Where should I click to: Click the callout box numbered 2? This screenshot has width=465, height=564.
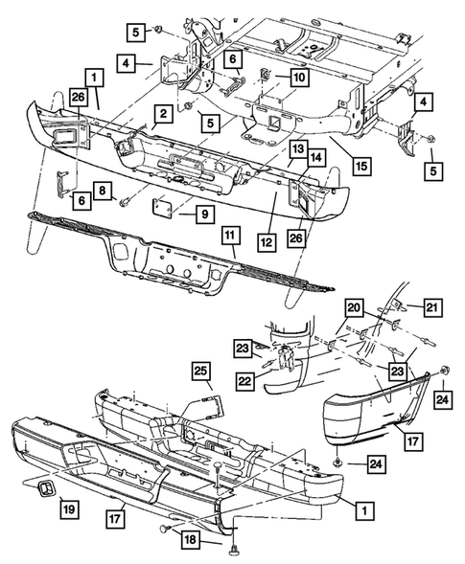tap(164, 114)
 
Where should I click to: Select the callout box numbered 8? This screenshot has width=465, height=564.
tap(103, 191)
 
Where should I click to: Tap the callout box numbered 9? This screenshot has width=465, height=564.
tap(205, 214)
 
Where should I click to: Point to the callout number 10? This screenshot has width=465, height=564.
tap(299, 77)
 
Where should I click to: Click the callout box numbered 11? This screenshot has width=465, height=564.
tap(230, 236)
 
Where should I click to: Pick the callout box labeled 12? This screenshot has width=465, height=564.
tap(267, 242)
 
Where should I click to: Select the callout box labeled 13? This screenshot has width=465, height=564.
tap(298, 148)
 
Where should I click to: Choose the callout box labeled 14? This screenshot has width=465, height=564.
tap(316, 157)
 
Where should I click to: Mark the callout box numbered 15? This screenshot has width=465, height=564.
tap(361, 166)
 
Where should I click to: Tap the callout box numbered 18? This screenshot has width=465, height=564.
tap(191, 539)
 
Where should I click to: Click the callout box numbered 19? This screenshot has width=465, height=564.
tap(69, 509)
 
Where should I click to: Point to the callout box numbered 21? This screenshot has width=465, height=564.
tap(432, 307)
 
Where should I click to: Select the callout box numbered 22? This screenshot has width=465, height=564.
tap(245, 381)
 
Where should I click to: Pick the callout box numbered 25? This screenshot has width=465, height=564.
tap(201, 371)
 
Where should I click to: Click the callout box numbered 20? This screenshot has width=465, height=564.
tap(354, 307)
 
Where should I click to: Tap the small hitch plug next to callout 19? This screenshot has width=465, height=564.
tap(45, 488)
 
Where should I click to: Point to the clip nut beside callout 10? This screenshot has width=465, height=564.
tap(266, 75)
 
